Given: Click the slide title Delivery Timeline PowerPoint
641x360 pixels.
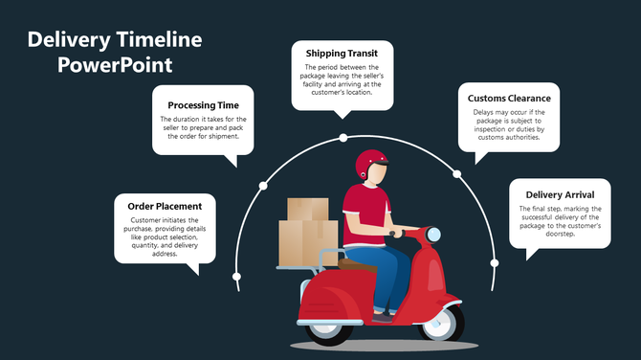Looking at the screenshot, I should pos(115,53).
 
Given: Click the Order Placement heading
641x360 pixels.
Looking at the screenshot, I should pos(165,206).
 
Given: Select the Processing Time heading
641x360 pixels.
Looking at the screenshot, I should pos(210,104).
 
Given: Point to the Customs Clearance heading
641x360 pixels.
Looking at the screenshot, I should pos(508,99).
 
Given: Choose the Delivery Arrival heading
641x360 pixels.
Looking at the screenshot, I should pos(560,194).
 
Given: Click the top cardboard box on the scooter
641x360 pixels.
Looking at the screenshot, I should pos(307,209).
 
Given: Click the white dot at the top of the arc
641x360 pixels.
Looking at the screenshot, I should pos(343,138).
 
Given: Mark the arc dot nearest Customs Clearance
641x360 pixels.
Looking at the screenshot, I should pos(457,174).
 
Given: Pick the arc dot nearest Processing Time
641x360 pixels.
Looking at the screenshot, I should pos(261,186).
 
